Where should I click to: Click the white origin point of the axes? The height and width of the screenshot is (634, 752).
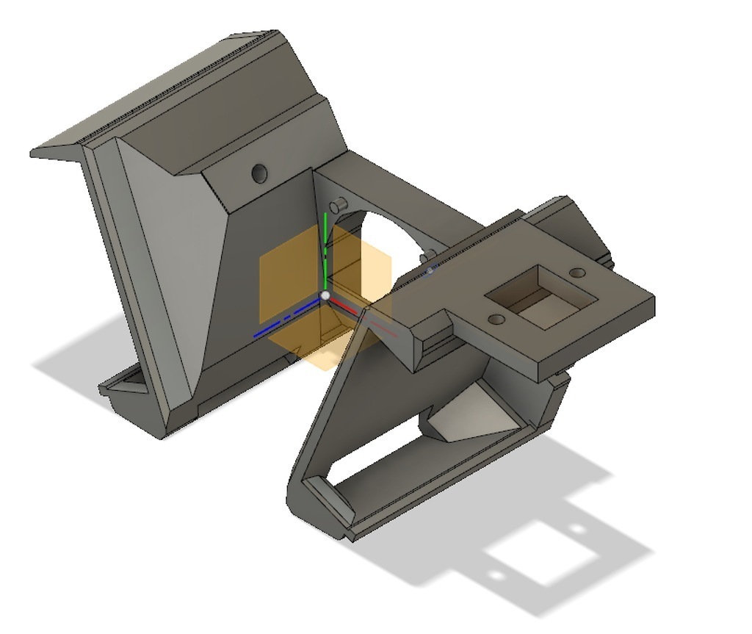point(325,295)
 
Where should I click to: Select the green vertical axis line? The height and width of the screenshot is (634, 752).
point(325,250)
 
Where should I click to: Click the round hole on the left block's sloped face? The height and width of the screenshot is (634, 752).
point(258,173)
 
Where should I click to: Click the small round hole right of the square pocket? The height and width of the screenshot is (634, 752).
point(578,273)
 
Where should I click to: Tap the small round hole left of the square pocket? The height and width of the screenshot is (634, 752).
point(496,320)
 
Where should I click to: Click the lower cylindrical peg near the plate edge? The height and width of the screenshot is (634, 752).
point(424,257)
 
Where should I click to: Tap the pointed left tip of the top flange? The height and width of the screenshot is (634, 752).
point(34,153)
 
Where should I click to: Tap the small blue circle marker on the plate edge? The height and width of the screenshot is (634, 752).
point(431,270)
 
